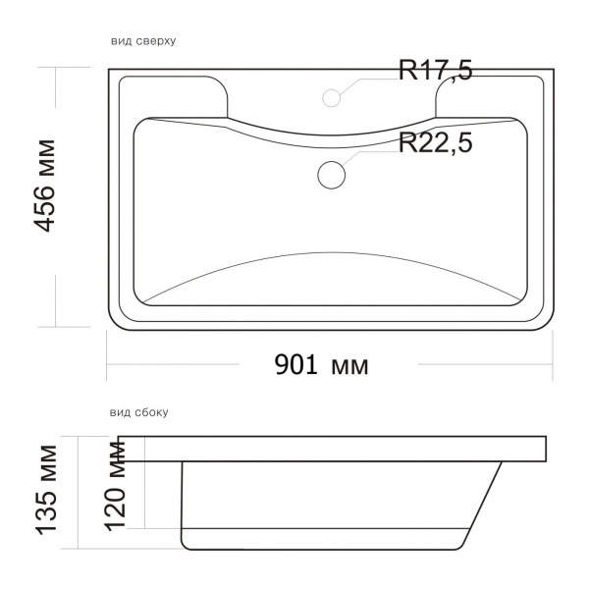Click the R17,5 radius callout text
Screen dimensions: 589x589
(x=435, y=71)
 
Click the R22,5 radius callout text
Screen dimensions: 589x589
(x=435, y=142)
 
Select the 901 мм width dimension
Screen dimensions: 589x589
(x=321, y=365)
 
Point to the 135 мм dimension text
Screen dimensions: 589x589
(x=51, y=489)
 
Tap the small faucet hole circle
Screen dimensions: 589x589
(x=332, y=96)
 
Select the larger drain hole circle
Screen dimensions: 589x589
(x=332, y=174)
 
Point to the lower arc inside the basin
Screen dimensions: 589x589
(x=331, y=257)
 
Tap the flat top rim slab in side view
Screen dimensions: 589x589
(x=334, y=449)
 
